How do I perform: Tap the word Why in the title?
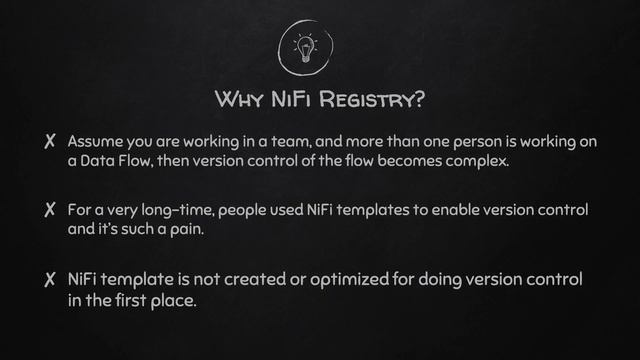[236, 100]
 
